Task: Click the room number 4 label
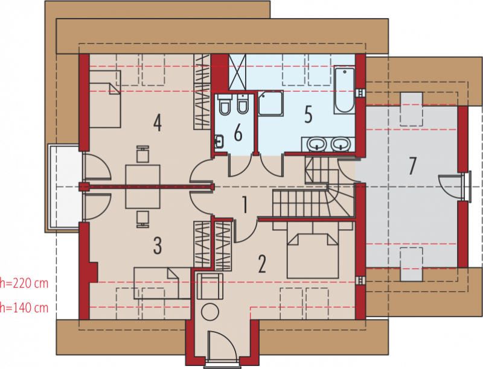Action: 158,122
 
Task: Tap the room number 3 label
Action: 158,245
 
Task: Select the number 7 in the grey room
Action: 412,165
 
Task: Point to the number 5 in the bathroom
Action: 309,115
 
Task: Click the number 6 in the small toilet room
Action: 238,133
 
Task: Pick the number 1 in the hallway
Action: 245,205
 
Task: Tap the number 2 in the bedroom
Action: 262,264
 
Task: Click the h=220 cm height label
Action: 24,283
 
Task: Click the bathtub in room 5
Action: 344,90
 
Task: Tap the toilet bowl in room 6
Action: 225,105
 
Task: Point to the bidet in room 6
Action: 243,104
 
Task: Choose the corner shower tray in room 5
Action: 270,103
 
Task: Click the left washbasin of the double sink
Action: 318,144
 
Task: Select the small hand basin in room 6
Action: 219,142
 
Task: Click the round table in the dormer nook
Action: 210,312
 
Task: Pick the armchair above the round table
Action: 210,286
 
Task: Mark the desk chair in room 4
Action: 143,154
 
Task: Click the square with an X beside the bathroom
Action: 237,72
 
